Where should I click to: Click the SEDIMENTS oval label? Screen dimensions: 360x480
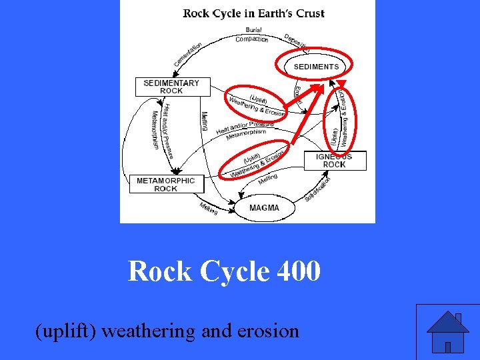pos(316,67)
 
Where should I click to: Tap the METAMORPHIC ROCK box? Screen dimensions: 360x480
pos(166,184)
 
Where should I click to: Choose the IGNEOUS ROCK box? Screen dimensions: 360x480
pos(334,161)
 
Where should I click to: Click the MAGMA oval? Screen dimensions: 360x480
pos(264,208)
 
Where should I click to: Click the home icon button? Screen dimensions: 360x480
pos(447,332)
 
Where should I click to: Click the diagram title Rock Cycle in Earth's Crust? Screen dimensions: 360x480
pos(254,13)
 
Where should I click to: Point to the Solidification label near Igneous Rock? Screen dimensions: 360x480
pos(318,189)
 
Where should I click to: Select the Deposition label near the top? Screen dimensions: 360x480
pos(297,42)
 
